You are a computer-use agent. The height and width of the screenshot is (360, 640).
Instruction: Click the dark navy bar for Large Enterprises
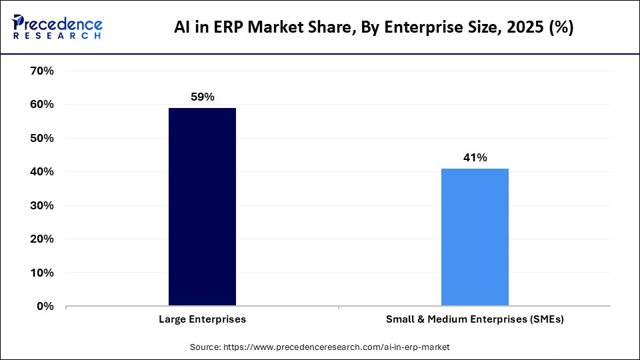pyautogui.click(x=202, y=207)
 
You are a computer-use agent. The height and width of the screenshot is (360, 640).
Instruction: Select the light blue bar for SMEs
pyautogui.click(x=475, y=237)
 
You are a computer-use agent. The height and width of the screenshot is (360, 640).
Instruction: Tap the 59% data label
pyautogui.click(x=202, y=97)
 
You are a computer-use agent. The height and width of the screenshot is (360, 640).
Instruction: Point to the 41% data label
pyautogui.click(x=475, y=158)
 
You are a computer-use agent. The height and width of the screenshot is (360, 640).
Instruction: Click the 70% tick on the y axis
pyautogui.click(x=42, y=71)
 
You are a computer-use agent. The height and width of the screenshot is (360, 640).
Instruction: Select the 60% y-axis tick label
pyautogui.click(x=42, y=105)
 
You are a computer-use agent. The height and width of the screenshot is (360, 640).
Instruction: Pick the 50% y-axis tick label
pyautogui.click(x=42, y=138)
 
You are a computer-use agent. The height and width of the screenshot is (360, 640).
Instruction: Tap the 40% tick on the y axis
pyautogui.click(x=42, y=172)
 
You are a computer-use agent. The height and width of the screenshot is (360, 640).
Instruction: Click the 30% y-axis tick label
pyautogui.click(x=42, y=205)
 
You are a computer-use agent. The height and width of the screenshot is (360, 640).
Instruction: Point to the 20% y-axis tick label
pyautogui.click(x=42, y=239)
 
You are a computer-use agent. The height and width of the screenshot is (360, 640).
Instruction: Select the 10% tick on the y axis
pyautogui.click(x=42, y=273)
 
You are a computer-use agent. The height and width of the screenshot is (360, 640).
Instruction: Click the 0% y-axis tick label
pyautogui.click(x=45, y=307)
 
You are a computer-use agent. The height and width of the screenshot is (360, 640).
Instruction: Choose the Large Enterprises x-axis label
pyautogui.click(x=202, y=319)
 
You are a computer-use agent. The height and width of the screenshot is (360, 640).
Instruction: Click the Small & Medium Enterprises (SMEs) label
pyautogui.click(x=475, y=319)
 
